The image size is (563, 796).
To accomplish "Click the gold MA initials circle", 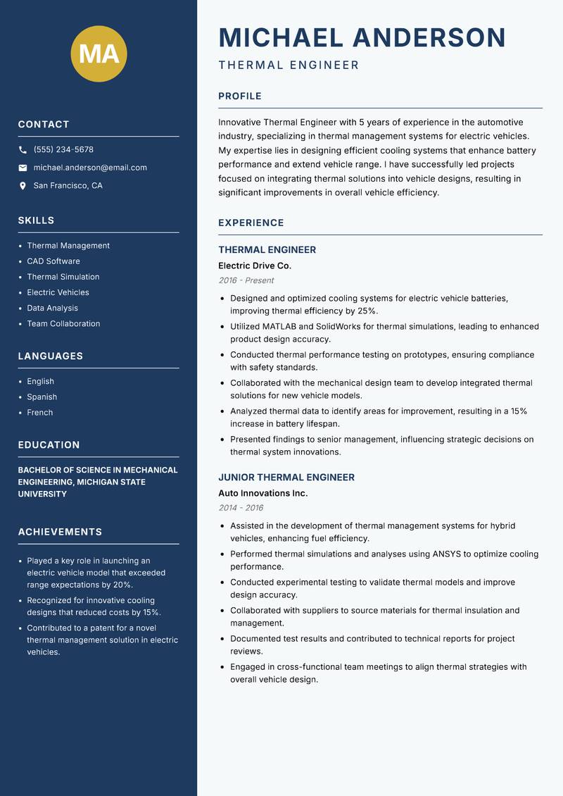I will [99, 54].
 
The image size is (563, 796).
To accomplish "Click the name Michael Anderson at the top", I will [362, 37].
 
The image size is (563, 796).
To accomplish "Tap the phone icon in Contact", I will [23, 150].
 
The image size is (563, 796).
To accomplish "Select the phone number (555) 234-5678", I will [63, 150].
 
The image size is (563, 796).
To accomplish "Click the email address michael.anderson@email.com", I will [90, 168].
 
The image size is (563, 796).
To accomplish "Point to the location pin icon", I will [23, 186].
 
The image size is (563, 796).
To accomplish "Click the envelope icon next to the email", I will [23, 168].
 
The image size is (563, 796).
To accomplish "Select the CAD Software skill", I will [53, 261].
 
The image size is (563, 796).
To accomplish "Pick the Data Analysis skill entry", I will [53, 308].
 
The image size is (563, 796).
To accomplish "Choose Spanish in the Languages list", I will [42, 397].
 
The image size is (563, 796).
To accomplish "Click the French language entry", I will [40, 412].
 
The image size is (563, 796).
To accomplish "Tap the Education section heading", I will [49, 445].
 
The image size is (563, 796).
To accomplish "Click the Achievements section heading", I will [60, 532].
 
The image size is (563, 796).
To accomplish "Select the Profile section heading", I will [240, 97].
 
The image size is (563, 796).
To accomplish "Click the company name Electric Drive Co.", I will [255, 266].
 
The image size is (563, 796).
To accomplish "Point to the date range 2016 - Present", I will [246, 280].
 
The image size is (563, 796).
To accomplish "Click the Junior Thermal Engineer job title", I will [286, 478].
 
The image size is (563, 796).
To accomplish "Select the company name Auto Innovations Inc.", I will [263, 493].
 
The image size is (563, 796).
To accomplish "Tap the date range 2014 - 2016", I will [241, 508].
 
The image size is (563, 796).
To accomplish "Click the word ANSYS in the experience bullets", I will [447, 554].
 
